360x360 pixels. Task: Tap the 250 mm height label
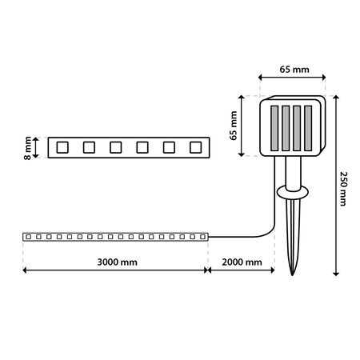click(x=344, y=188)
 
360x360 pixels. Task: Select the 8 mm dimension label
click(x=28, y=147)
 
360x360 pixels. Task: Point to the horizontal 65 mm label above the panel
click(x=292, y=70)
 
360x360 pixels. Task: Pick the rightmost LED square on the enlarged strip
click(x=193, y=147)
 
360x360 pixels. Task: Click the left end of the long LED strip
click(x=26, y=237)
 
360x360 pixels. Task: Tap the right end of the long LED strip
click(x=206, y=237)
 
